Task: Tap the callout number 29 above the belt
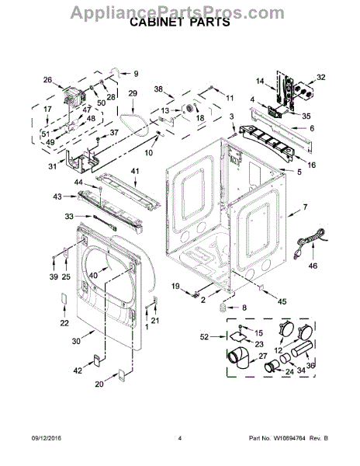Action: [x=133, y=93]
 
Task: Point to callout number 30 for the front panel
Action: [x=76, y=341]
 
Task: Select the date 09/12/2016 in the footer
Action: [x=47, y=438]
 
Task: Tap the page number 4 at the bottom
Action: [x=179, y=438]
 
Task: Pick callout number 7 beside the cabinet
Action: [x=305, y=207]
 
